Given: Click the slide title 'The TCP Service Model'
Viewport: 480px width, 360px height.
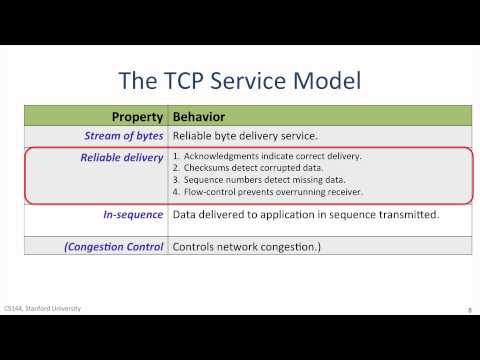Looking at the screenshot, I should (x=240, y=79).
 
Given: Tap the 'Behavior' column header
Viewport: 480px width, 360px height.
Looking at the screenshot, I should (x=204, y=115).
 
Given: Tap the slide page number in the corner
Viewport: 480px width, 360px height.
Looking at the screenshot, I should (x=469, y=310).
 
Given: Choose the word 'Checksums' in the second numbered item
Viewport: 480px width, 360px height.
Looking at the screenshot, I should (x=205, y=169).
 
